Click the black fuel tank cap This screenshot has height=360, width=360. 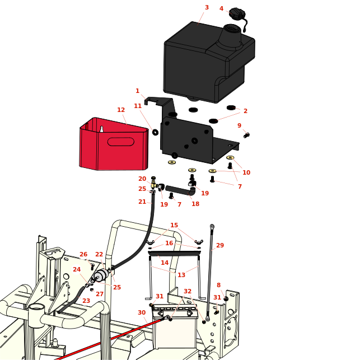(237, 14)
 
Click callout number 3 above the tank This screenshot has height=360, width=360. (207, 8)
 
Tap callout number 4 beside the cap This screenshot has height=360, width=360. (221, 9)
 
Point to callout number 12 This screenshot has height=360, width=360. (121, 110)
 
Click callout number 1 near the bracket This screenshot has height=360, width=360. (137, 91)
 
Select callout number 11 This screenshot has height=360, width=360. (138, 106)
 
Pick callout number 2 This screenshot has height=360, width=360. (245, 111)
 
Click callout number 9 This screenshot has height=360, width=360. (239, 126)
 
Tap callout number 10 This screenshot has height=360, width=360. (246, 173)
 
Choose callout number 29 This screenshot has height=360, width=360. (220, 246)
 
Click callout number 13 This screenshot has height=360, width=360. (181, 275)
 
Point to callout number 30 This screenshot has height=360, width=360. (142, 313)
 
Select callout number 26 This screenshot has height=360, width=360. (83, 255)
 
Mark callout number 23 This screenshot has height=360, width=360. (86, 301)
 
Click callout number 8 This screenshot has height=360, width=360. (218, 286)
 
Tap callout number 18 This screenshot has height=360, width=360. (195, 204)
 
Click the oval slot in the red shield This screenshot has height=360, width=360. (120, 142)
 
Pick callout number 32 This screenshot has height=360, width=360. (188, 292)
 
